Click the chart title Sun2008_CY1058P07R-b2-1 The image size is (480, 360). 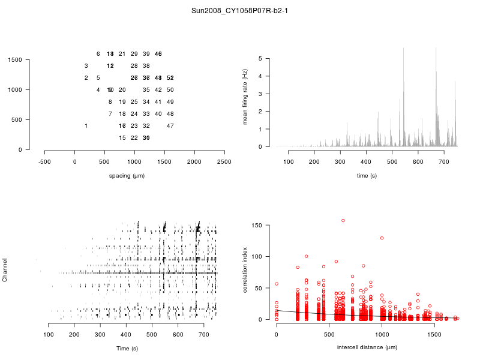239,11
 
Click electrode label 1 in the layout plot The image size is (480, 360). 86,126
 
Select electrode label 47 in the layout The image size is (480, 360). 170,126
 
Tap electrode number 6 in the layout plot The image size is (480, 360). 98,54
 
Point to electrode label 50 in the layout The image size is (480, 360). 170,90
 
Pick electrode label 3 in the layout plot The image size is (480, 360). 86,66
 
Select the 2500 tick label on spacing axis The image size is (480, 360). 224,161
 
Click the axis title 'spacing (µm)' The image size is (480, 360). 127,176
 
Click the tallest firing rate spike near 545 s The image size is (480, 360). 403,48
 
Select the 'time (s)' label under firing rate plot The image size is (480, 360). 367,176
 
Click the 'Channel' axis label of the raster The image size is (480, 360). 5,271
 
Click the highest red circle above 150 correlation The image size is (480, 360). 343,220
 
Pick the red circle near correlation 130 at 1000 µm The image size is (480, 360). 382,238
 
